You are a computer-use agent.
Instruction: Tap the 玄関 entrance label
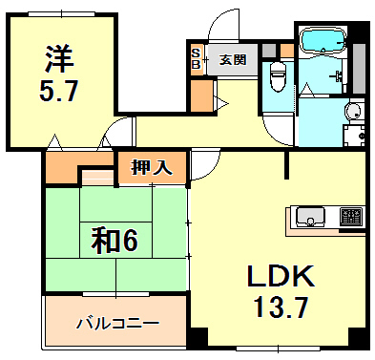tap(232, 59)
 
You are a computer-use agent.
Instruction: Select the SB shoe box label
tap(196, 59)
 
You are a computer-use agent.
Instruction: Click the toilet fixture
tap(278, 76)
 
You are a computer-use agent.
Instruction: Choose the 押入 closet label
tap(152, 168)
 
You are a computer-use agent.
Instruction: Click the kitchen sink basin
tap(310, 217)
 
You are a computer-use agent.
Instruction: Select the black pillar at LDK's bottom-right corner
tap(358, 338)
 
